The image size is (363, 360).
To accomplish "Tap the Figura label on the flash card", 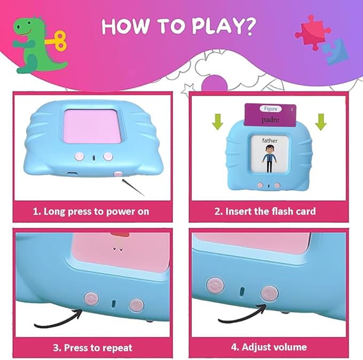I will [x=267, y=108].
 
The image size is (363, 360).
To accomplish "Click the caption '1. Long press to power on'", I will [x=90, y=211].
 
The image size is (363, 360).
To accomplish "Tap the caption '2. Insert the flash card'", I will [x=265, y=211].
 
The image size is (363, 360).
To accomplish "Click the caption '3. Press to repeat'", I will [x=92, y=348].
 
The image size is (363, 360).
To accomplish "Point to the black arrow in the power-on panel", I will [x=134, y=186].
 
